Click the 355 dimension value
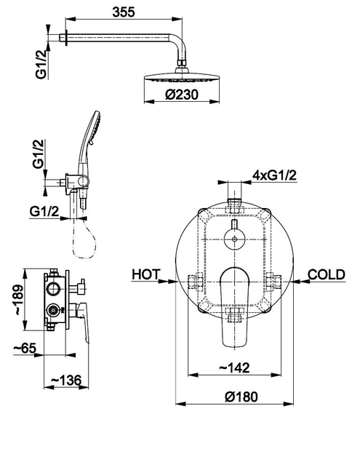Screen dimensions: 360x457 click(124, 12)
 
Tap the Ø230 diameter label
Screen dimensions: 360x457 click(182, 95)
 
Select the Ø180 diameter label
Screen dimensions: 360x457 click(241, 397)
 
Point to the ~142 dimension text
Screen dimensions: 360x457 click(234, 367)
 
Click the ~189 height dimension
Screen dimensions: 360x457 click(18, 299)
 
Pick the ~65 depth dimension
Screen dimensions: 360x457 click(25, 348)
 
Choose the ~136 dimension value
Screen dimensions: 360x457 click(66, 380)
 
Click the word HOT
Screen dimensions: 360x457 click(146, 274)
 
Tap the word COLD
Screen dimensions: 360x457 click(327, 274)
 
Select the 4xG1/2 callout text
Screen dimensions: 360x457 click(274, 175)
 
